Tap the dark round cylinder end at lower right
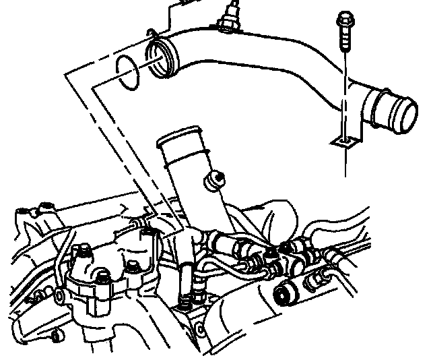pyautogui.click(x=286, y=293)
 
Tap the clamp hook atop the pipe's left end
pyautogui.click(x=154, y=44)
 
